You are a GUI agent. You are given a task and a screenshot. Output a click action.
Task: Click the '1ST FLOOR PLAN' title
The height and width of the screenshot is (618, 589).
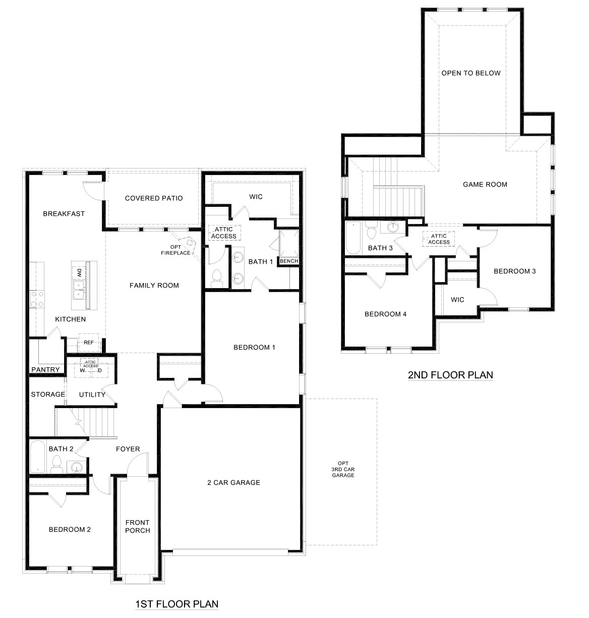[176, 603]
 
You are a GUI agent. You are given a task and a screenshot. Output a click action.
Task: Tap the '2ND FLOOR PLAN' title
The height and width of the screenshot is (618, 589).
[450, 375]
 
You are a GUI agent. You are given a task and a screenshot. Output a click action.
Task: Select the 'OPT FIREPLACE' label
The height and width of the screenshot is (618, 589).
[176, 250]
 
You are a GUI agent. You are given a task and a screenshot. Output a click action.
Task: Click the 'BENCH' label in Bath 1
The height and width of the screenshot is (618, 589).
[289, 261]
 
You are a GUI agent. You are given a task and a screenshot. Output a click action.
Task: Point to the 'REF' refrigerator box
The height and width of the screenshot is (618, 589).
[89, 343]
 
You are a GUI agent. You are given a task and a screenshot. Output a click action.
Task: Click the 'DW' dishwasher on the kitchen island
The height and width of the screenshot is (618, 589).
[79, 273]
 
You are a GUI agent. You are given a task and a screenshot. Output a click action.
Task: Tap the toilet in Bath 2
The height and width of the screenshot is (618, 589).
[56, 464]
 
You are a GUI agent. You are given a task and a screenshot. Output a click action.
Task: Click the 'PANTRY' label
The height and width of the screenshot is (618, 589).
[46, 370]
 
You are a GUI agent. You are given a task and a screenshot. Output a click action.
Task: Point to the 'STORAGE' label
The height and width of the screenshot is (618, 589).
[48, 394]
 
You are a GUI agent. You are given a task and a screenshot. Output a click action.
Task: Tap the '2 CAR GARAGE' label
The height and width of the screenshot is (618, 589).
[233, 482]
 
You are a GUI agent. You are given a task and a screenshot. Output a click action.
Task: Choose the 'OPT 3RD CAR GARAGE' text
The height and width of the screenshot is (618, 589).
[343, 469]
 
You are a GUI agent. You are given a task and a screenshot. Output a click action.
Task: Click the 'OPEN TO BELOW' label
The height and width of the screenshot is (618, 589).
[471, 73]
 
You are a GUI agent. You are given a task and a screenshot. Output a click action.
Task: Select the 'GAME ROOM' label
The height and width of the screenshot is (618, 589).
[485, 185]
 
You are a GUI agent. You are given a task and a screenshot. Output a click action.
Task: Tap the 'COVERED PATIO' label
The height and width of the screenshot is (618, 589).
[154, 198]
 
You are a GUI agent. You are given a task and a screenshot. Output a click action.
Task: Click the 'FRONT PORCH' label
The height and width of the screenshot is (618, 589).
[138, 526]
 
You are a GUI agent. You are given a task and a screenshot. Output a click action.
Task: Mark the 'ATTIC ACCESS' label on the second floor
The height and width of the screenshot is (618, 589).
[439, 239]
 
